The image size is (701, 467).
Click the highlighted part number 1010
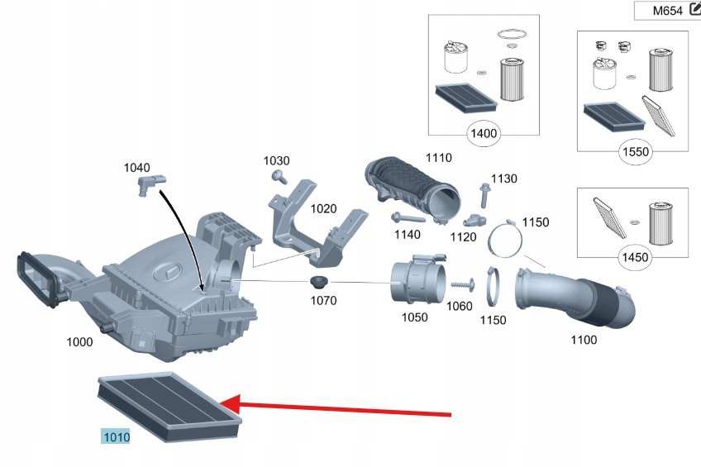[115, 436]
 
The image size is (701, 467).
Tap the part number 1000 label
[79, 341]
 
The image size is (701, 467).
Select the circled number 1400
[483, 133]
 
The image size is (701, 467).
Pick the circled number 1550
[636, 151]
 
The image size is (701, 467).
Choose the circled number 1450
[635, 257]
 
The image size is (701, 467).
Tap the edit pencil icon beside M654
[694, 10]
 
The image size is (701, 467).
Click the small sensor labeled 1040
[149, 183]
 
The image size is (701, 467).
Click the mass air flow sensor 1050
[418, 279]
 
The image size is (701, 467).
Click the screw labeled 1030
[279, 176]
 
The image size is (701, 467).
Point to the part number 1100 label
[584, 340]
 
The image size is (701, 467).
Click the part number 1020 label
[323, 209]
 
